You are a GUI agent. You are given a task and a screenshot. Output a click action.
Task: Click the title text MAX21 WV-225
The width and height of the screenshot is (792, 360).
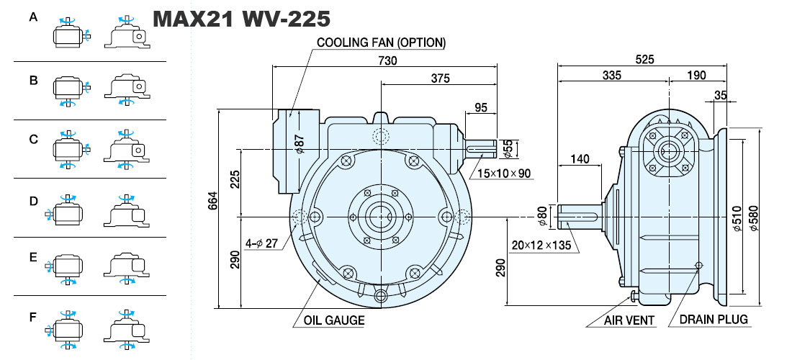pos(241,19)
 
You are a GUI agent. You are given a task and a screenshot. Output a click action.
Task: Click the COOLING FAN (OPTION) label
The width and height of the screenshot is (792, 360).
pos(382,42)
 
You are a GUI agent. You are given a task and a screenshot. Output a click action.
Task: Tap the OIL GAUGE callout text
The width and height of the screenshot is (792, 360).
pos(334,320)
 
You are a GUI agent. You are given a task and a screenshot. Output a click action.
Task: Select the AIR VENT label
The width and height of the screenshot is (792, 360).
pos(629,320)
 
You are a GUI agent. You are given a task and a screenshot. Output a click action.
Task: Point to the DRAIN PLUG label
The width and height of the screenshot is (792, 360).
pos(714,319)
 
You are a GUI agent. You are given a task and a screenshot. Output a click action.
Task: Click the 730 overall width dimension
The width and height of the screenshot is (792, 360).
pos(388,60)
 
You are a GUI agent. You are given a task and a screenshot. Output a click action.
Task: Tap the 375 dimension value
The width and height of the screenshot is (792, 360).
pos(440,78)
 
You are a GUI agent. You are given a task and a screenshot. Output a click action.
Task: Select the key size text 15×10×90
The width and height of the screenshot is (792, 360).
pos(504,174)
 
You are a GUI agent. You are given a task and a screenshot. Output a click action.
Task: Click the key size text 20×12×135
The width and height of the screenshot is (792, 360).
pos(541,246)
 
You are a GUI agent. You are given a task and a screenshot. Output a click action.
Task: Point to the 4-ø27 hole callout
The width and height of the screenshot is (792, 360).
pos(261,243)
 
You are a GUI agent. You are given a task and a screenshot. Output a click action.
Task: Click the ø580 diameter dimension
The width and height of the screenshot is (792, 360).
pos(754,217)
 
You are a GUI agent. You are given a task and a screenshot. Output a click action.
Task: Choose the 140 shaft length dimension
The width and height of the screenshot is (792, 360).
pos(580,159)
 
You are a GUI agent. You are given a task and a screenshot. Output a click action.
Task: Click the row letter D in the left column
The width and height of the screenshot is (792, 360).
pos(33,202)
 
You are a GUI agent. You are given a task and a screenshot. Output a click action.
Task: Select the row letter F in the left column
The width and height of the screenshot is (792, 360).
pos(33,318)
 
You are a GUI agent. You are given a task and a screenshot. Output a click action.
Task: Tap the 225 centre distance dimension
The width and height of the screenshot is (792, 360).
pos(235,179)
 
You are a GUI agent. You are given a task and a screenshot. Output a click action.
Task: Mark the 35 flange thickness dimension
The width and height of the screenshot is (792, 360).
pos(721,95)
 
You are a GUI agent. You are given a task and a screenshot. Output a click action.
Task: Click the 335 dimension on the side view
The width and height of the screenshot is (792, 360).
pos(612,76)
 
